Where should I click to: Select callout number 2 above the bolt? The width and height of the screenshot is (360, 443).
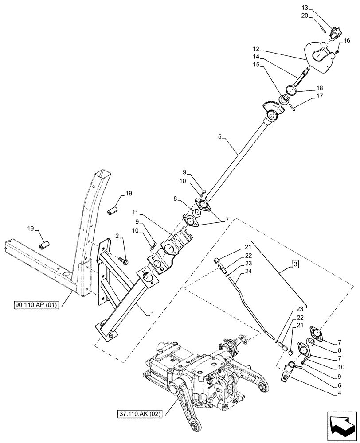118,238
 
